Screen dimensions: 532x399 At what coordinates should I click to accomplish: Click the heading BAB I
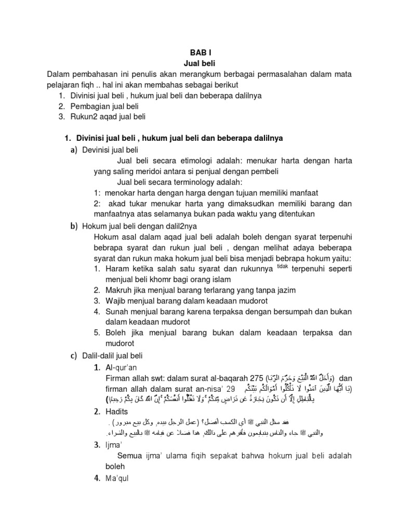click(199, 52)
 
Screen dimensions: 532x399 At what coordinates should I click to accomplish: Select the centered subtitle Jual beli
click(199, 63)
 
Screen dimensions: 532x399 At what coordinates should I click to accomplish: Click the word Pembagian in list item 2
click(89, 106)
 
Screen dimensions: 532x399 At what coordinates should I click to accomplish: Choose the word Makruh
click(119, 290)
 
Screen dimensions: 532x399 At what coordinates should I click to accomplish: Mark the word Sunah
click(117, 311)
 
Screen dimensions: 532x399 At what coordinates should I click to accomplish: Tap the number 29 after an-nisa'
click(231, 389)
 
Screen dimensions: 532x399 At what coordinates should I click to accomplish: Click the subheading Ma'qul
click(116, 478)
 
